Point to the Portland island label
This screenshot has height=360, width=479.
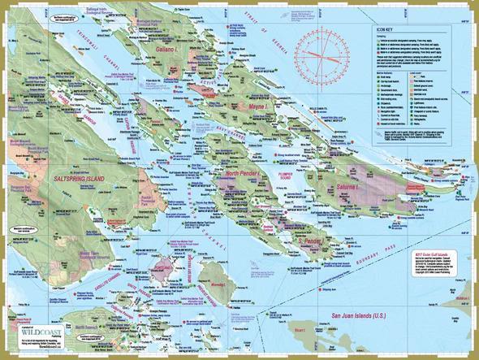click(170, 262)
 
